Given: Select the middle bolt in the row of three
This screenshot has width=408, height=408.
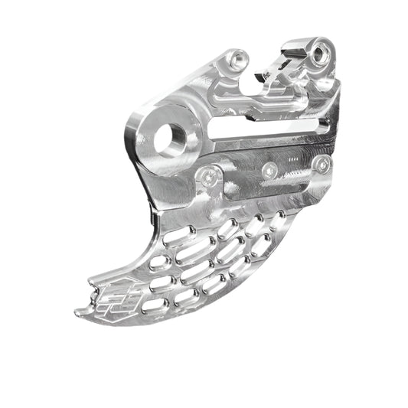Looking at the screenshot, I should tap(269, 170).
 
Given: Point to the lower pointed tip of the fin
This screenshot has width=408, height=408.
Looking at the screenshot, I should tap(81, 312).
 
